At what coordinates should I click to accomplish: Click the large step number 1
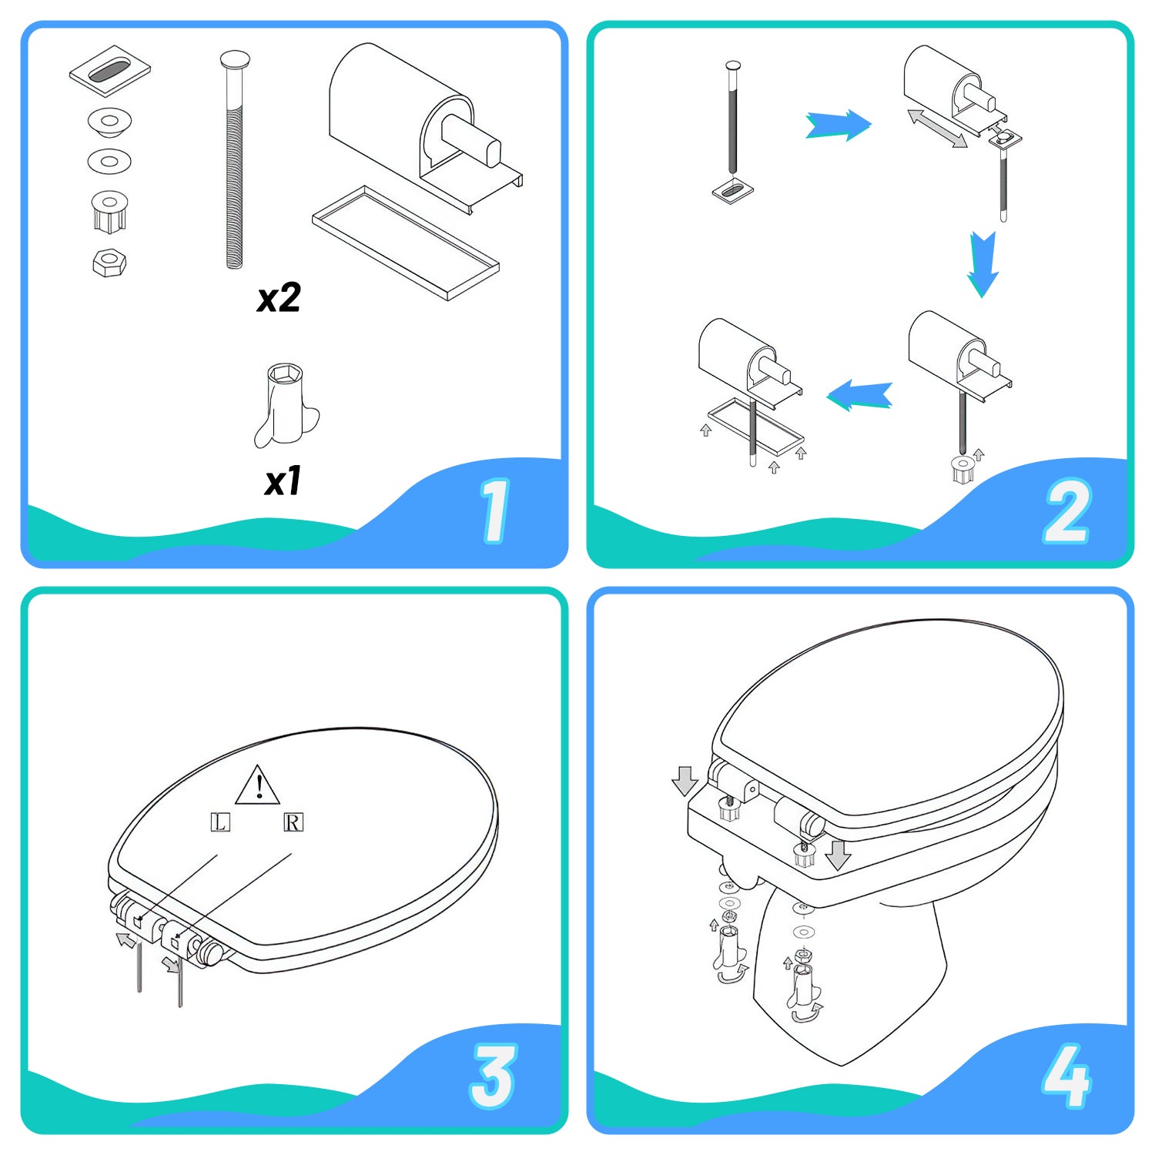(x=494, y=511)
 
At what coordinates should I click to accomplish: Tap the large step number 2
(x=1066, y=511)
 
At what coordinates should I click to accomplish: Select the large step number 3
(x=493, y=1076)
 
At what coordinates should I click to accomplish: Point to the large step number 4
(x=1066, y=1076)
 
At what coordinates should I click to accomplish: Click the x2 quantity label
(x=278, y=298)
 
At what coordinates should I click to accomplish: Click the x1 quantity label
(x=282, y=482)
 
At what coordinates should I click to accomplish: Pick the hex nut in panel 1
(x=109, y=263)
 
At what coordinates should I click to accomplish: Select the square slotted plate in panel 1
(x=109, y=71)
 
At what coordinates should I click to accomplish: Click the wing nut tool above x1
(x=285, y=406)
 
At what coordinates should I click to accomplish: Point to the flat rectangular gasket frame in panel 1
(x=406, y=242)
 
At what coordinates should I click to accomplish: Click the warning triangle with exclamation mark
(x=258, y=786)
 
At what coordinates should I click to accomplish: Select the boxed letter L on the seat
(x=220, y=822)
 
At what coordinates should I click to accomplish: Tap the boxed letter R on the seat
(x=293, y=822)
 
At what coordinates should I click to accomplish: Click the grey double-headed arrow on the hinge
(x=936, y=129)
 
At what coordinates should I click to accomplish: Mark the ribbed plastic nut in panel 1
(x=109, y=210)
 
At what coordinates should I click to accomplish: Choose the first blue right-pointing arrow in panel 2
(x=838, y=125)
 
